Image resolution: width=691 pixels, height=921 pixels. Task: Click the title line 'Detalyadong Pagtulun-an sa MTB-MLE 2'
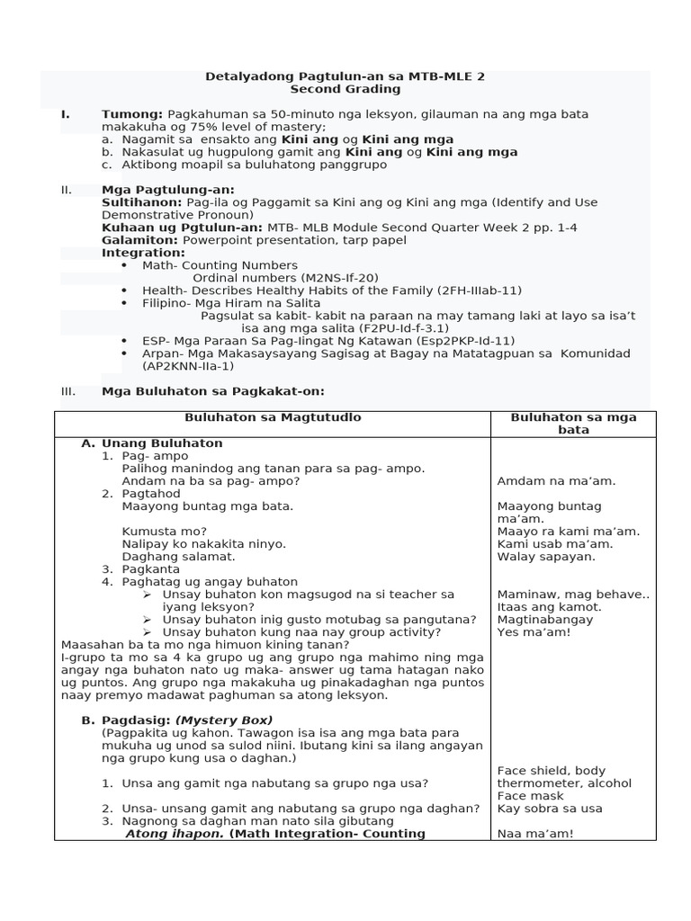[x=345, y=76]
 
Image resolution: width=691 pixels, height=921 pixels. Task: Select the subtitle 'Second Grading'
[x=345, y=89]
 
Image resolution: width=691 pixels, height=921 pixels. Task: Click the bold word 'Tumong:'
[x=132, y=114]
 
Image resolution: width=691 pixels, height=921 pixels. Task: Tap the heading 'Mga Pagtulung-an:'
[x=168, y=190]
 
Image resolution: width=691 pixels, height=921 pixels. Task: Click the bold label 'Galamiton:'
[x=140, y=240]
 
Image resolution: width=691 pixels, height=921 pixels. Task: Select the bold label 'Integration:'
[x=143, y=253]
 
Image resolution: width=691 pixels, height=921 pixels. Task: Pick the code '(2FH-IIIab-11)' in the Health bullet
[x=476, y=291]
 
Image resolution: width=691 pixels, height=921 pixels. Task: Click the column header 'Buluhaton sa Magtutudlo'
[x=273, y=417]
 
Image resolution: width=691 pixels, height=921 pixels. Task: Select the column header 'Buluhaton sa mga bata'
[x=573, y=424]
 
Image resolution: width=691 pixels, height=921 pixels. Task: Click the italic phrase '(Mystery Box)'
[x=224, y=720]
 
